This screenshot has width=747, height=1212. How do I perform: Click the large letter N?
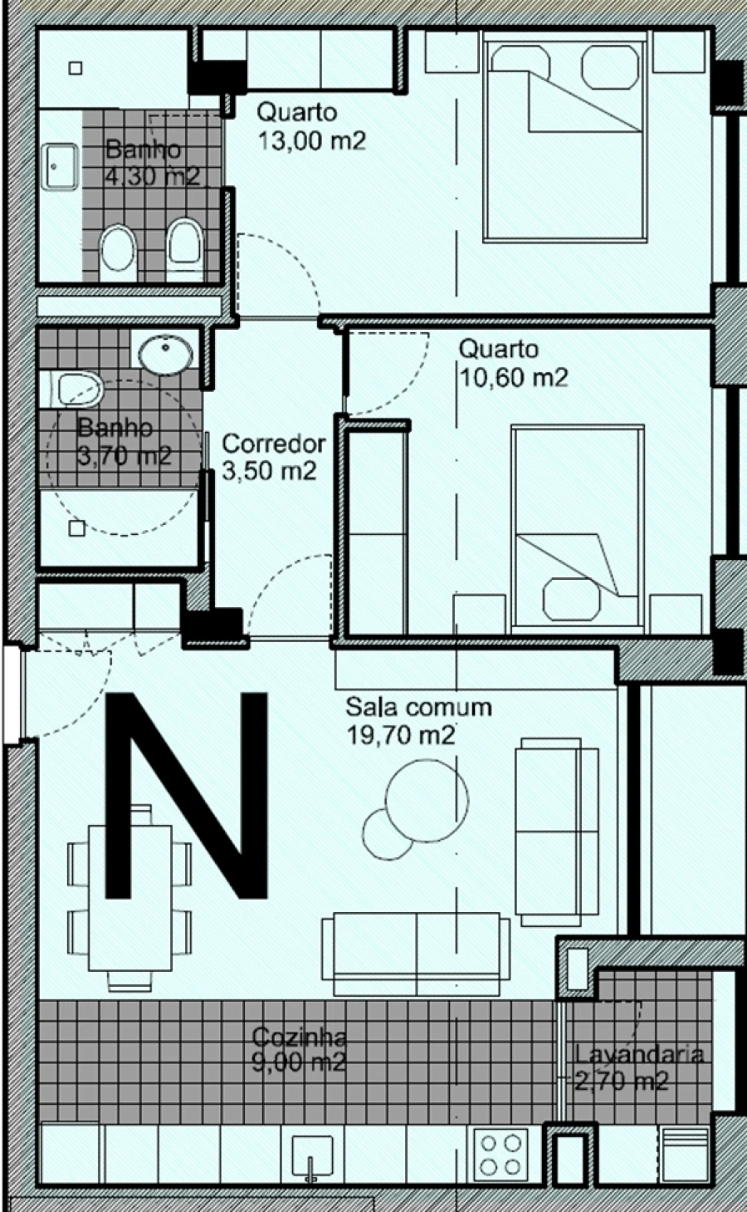188,795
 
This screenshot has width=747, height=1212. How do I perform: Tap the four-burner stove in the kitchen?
500,1154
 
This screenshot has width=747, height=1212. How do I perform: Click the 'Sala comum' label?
418,707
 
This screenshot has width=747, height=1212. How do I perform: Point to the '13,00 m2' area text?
311,140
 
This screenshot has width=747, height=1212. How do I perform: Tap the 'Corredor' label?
274,444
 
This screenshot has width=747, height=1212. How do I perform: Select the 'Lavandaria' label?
639,1055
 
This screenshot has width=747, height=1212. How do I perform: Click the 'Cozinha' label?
299,1037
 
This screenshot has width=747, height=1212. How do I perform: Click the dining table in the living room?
129,898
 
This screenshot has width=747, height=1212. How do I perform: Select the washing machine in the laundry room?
686,1154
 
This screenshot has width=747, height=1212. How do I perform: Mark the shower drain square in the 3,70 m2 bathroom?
77,527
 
